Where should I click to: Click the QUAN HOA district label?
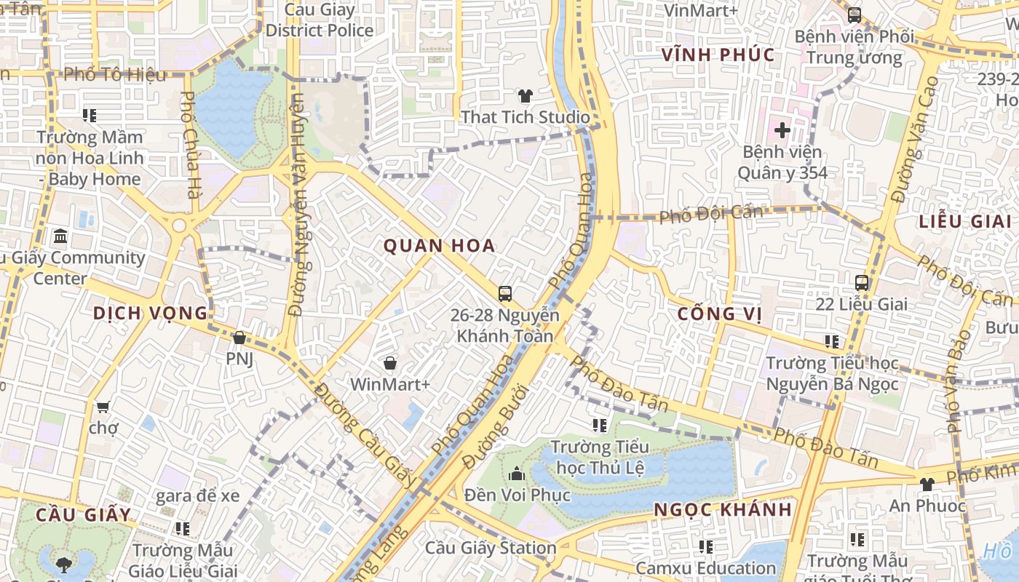tap(439, 246)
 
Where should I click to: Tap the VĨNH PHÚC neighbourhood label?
tap(718, 55)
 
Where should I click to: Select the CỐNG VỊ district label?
tap(719, 314)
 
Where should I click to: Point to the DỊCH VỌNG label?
tap(150, 314)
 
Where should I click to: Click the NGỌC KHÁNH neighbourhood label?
tap(722, 509)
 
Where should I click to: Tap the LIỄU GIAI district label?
tap(964, 222)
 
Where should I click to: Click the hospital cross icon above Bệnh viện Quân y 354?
tap(782, 130)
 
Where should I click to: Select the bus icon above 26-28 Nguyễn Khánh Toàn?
tap(505, 294)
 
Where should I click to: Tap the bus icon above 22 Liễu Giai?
tap(862, 282)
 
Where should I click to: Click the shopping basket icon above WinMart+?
tap(390, 362)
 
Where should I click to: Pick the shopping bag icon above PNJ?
tap(239, 338)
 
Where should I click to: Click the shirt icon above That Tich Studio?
tap(525, 95)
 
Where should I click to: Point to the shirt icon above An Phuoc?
tap(927, 484)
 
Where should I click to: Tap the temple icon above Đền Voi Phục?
tap(517, 474)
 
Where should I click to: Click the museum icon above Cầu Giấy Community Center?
tap(60, 236)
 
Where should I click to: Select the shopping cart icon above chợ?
tap(103, 407)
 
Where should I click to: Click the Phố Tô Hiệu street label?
tap(114, 74)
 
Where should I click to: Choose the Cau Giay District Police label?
tap(319, 20)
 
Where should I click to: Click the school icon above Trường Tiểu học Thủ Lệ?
tap(600, 425)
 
